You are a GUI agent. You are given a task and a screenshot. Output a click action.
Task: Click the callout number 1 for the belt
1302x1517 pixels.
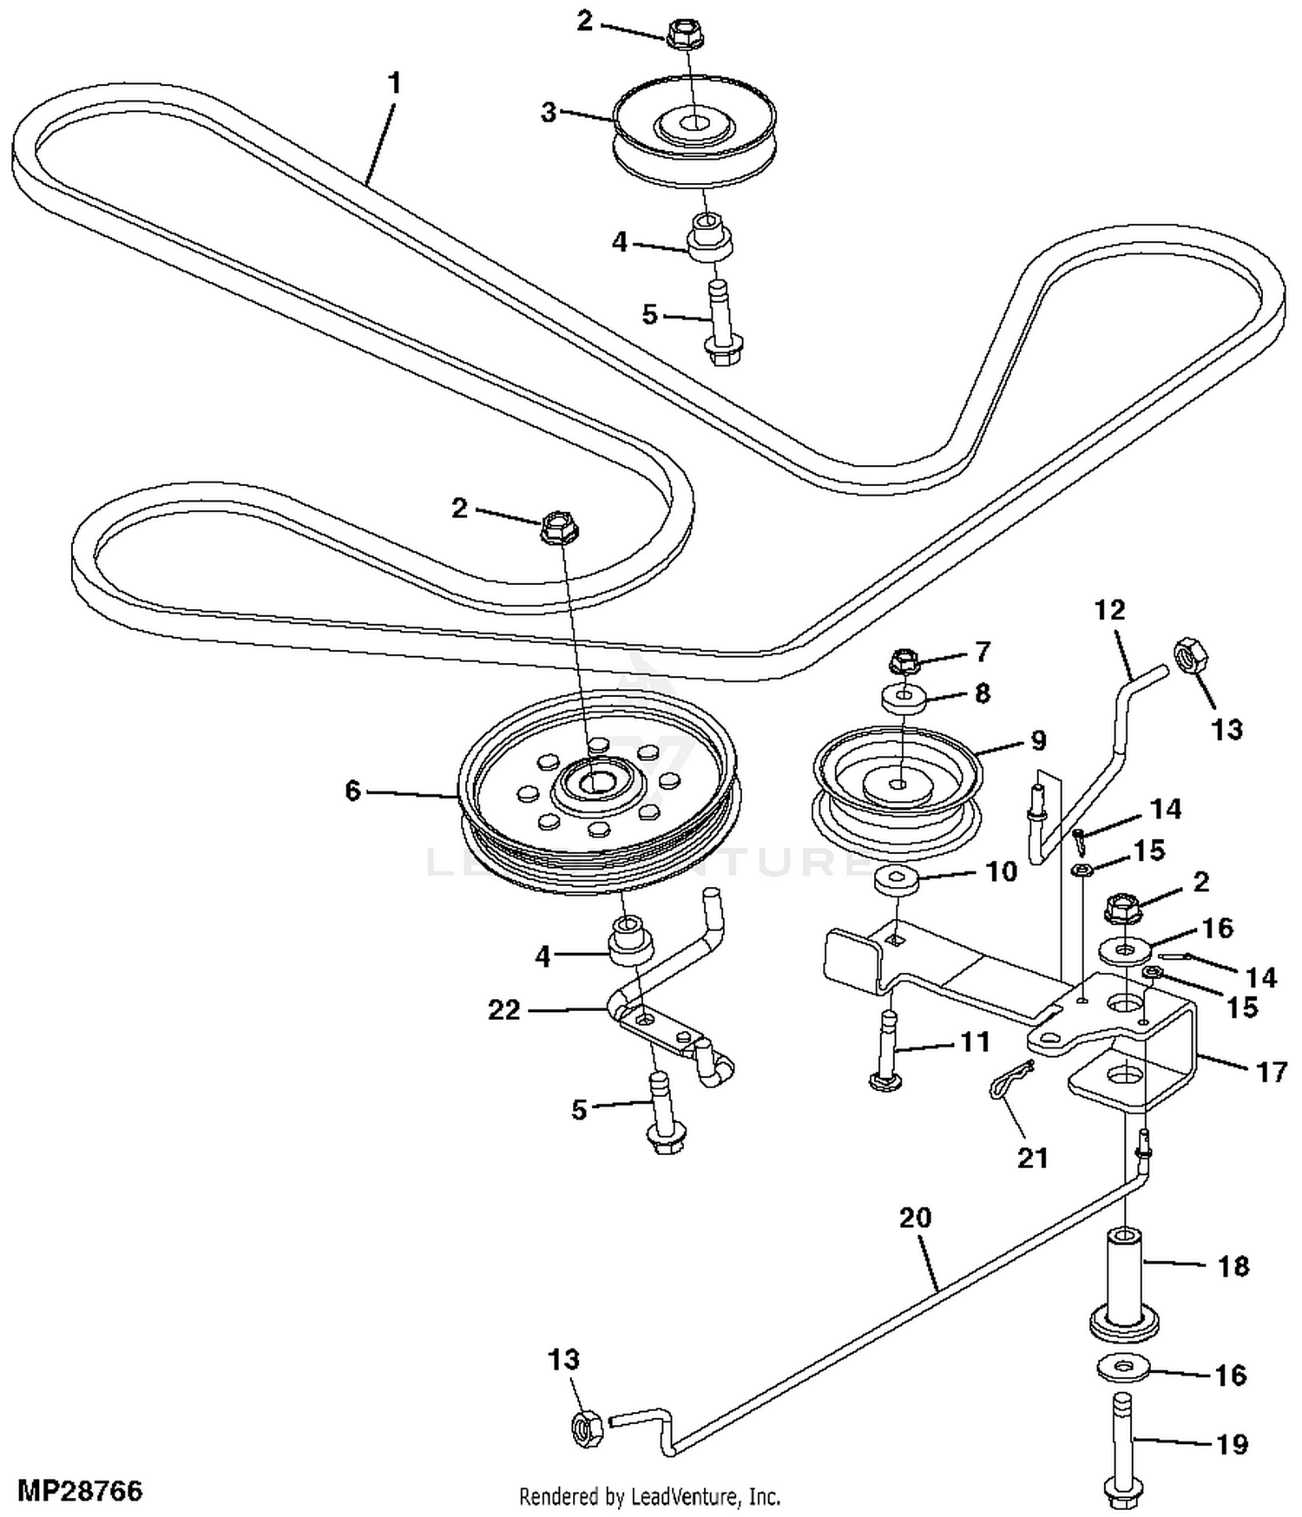(x=395, y=84)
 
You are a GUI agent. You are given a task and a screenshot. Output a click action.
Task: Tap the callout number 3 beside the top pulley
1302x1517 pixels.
(x=549, y=113)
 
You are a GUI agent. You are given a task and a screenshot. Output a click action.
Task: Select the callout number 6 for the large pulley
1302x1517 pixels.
(x=352, y=791)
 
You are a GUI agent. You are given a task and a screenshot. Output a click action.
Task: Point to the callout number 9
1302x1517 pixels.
(x=1038, y=740)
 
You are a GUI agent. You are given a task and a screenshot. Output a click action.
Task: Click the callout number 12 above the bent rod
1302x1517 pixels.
(x=1109, y=610)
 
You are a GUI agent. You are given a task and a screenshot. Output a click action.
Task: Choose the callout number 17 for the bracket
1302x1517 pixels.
(x=1272, y=1072)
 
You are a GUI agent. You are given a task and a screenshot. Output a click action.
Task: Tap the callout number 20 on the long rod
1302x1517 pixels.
(x=916, y=1218)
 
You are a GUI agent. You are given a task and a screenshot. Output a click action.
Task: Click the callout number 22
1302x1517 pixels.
(x=504, y=1009)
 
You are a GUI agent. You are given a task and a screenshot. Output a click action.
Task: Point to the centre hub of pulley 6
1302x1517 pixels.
(x=595, y=783)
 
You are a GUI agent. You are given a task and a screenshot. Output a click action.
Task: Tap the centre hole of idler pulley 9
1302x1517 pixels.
(x=899, y=784)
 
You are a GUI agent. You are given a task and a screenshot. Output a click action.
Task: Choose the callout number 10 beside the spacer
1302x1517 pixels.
(x=1002, y=870)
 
